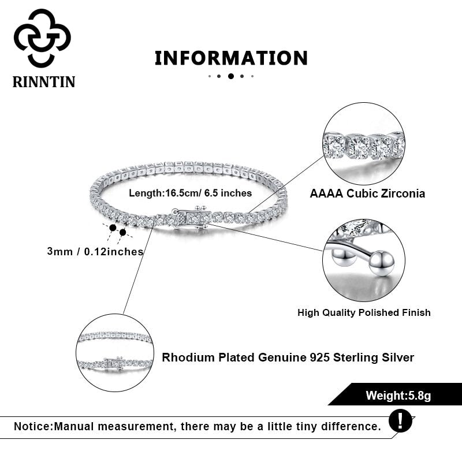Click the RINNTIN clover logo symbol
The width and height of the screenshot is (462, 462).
(42, 38)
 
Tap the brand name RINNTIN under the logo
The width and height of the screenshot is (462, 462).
(44, 81)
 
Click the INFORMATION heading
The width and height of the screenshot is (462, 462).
(231, 58)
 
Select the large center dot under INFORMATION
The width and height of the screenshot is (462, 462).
(231, 76)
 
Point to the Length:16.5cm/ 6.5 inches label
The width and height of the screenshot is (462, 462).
(190, 193)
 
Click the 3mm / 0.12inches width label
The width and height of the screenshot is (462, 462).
(95, 251)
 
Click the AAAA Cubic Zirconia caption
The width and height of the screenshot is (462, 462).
(367, 193)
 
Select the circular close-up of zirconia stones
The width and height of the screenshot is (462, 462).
(364, 144)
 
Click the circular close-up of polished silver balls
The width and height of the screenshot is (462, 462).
(364, 260)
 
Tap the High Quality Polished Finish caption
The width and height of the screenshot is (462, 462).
(364, 312)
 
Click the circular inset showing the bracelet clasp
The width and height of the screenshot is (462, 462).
(115, 353)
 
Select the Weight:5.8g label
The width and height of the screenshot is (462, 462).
(398, 396)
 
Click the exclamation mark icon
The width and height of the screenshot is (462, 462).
(400, 420)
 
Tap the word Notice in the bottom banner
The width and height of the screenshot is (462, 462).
(32, 427)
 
